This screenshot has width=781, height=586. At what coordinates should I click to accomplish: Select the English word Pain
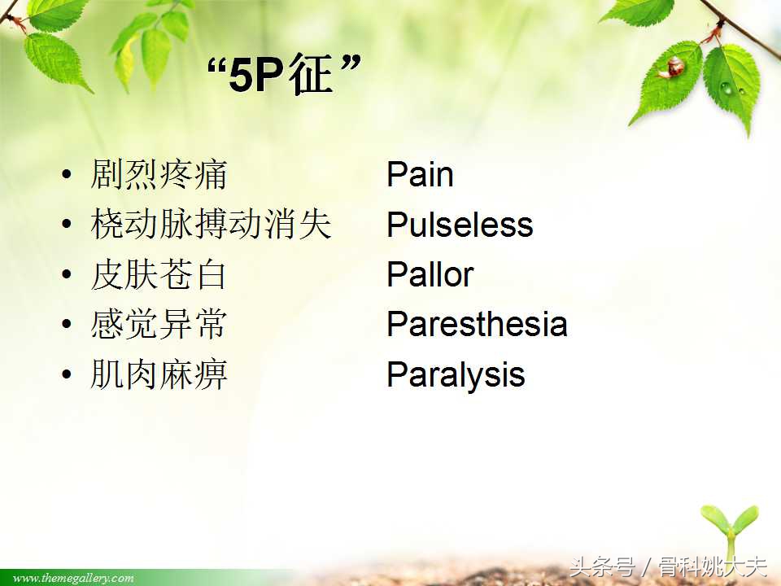420,174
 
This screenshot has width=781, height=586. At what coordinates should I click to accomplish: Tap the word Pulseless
460,225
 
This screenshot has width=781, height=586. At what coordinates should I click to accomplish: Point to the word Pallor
430,274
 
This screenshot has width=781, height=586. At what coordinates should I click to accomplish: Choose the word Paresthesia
477,324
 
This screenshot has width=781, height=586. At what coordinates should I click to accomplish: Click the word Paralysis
456,374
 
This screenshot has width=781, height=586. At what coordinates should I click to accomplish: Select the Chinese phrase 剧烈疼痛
159,175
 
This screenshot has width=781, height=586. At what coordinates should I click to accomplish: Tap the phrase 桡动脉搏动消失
211,225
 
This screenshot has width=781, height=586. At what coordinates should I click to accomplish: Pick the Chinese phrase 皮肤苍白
159,275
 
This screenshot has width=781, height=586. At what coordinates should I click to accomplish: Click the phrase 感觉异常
159,325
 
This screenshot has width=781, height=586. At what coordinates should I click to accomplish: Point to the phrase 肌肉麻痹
159,375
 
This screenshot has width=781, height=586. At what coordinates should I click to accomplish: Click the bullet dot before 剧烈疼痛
66,176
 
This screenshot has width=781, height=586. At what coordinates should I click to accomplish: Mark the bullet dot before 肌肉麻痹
66,376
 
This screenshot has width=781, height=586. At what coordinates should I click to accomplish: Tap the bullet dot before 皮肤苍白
66,276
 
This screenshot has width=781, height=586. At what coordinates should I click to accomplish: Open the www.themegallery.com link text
73,578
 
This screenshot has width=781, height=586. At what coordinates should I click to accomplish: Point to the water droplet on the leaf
726,87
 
